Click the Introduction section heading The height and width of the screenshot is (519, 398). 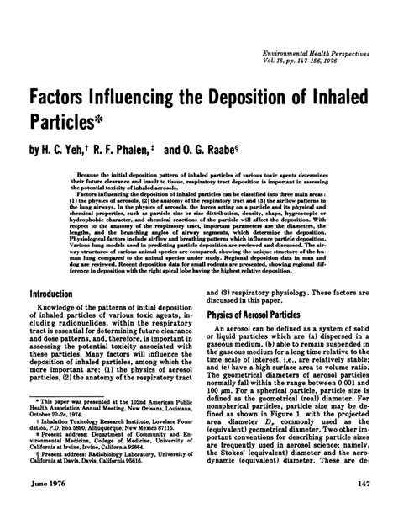(55, 294)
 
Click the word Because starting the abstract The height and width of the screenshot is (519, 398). (90, 177)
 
